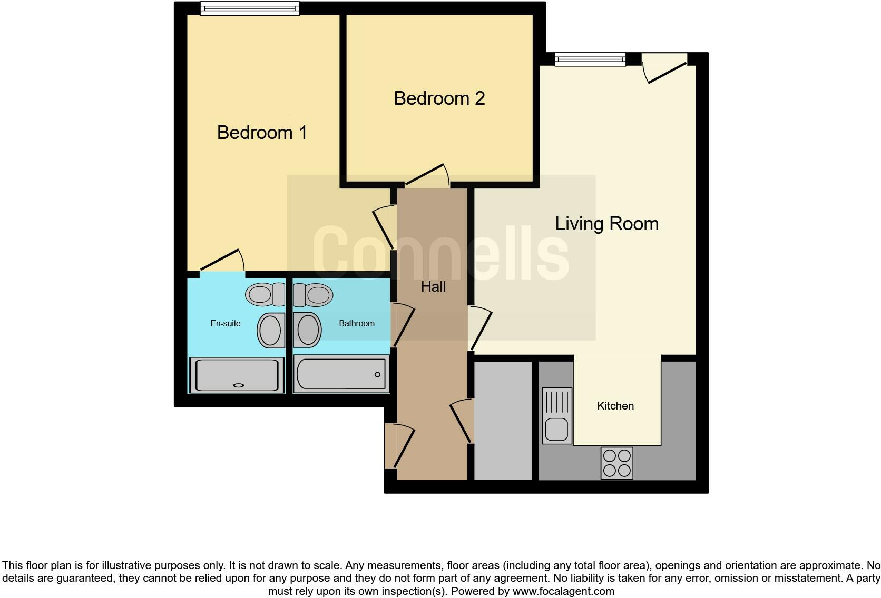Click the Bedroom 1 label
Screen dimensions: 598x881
(x=262, y=132)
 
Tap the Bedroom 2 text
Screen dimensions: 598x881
(x=439, y=98)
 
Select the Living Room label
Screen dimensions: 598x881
(x=606, y=224)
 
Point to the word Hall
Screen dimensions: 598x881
(x=433, y=287)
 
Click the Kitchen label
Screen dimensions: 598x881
(x=615, y=406)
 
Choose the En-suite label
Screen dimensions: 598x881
(x=226, y=324)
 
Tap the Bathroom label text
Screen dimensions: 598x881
(x=357, y=324)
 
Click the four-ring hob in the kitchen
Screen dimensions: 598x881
(x=616, y=463)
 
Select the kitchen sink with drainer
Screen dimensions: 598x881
(x=557, y=415)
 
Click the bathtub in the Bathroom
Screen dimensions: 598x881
(x=341, y=374)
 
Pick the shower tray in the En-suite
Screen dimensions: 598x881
(x=237, y=375)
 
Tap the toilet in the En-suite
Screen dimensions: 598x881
(x=265, y=294)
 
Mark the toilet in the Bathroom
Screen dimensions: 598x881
(x=313, y=294)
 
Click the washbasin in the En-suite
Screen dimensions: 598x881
(x=271, y=330)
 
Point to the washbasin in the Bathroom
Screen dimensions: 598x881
(x=308, y=330)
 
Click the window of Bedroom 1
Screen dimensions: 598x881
(x=249, y=9)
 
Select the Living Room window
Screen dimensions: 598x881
(x=590, y=59)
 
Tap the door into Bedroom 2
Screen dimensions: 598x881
(x=427, y=177)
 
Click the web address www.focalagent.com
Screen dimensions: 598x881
(x=563, y=591)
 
